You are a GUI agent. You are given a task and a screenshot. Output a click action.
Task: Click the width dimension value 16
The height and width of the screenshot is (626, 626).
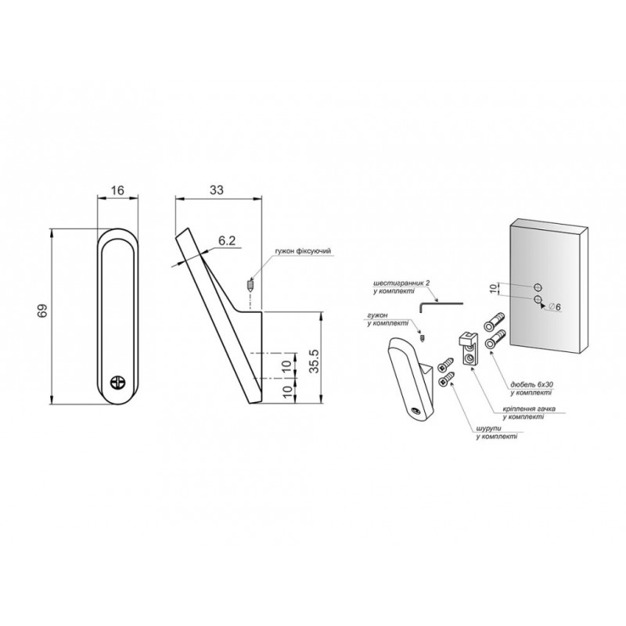[118, 190]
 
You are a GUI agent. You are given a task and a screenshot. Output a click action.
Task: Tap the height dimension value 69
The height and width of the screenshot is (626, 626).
[42, 311]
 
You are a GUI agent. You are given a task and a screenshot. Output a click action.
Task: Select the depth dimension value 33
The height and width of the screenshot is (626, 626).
[217, 190]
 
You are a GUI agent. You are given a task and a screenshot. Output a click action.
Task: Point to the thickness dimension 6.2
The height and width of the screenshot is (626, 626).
[227, 241]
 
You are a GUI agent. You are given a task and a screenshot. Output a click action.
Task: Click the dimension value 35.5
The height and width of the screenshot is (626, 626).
[315, 361]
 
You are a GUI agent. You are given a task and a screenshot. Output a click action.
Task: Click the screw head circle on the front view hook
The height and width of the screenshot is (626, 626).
[118, 382]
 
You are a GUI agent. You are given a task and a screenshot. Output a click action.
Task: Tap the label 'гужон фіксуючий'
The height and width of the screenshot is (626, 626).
[303, 250]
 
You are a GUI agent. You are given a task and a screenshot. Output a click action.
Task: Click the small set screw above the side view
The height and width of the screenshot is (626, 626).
[250, 286]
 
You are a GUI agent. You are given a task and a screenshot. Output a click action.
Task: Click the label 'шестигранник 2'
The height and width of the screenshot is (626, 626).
[401, 283]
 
